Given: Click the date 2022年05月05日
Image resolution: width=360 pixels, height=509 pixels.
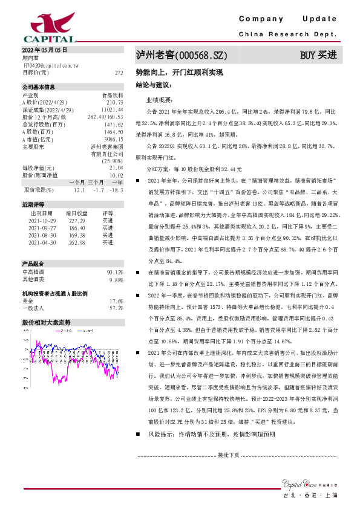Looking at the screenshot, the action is click(x=44, y=49).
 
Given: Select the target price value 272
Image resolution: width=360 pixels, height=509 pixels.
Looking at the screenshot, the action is click(x=119, y=72).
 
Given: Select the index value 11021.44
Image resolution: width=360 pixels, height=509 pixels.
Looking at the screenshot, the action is click(x=113, y=109).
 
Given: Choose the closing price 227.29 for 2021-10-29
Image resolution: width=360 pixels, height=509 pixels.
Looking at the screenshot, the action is click(x=77, y=221).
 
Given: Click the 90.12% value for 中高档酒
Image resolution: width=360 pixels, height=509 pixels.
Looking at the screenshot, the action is click(x=114, y=273).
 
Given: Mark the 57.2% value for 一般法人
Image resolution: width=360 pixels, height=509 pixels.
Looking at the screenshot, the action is click(x=116, y=308).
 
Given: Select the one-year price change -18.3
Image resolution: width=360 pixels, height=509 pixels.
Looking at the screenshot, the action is click(x=117, y=190).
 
